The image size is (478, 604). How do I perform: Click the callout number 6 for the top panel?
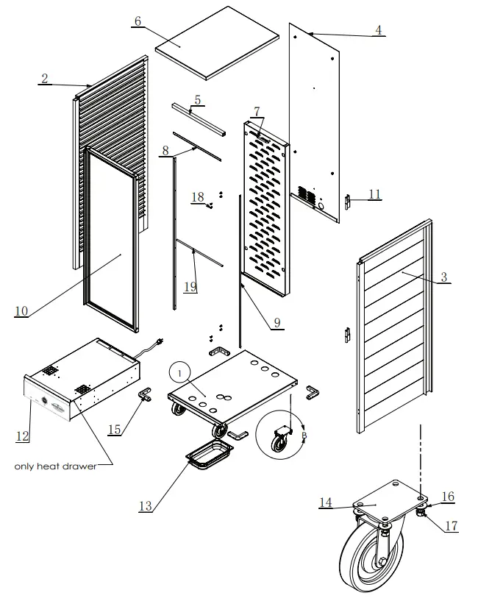[137, 21]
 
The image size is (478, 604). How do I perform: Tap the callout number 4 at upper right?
[378, 30]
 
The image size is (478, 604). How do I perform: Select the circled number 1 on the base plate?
[179, 372]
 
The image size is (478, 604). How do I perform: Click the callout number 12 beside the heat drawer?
[22, 435]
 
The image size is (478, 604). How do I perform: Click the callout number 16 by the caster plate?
[447, 497]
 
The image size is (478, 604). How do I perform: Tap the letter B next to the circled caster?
[304, 435]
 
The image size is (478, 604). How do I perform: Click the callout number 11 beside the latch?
[374, 194]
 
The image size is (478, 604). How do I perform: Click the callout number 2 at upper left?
[45, 79]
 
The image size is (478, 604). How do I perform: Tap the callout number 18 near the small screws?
[197, 196]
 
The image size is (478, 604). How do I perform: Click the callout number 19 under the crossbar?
[190, 286]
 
